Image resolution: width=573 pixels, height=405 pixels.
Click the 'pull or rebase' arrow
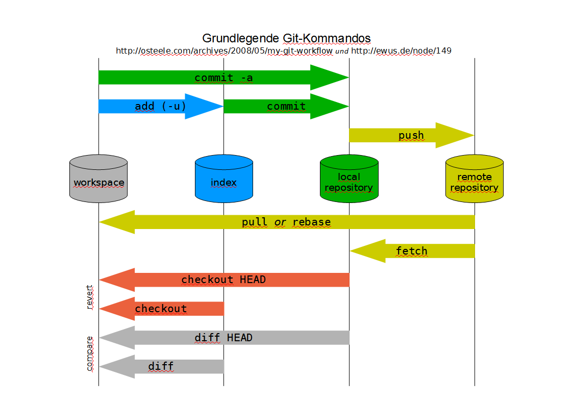click(286, 222)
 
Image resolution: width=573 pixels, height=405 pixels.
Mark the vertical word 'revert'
click(90, 297)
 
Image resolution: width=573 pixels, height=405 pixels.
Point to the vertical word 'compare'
click(90, 353)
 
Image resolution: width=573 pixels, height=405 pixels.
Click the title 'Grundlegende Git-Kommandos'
click(286, 38)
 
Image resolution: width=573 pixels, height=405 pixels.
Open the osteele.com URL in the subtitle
click(224, 51)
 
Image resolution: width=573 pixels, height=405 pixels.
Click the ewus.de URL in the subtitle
click(401, 51)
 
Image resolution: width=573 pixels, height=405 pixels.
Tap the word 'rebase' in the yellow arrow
click(312, 222)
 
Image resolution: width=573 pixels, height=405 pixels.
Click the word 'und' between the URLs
click(342, 52)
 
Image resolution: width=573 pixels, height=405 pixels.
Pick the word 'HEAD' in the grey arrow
click(239, 338)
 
